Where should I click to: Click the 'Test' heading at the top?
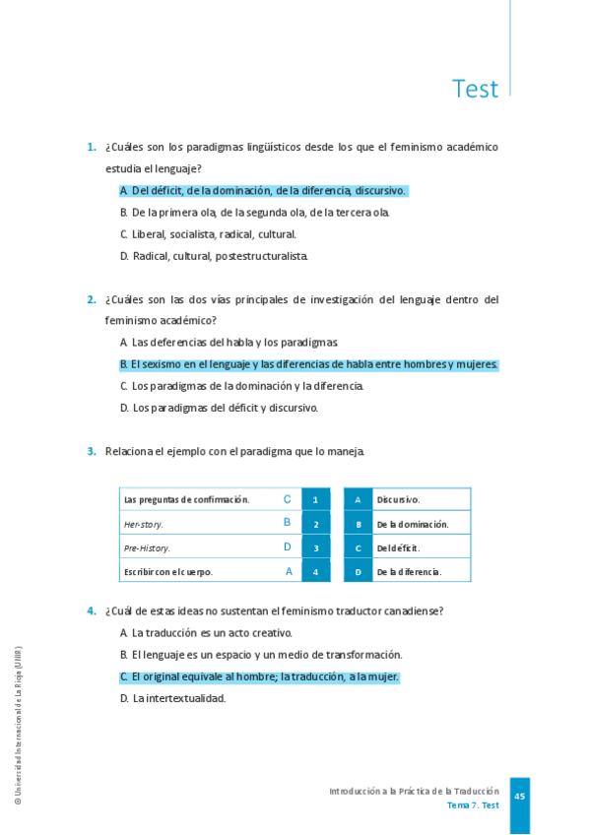point(475,89)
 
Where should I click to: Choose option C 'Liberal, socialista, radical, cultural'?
point(208,234)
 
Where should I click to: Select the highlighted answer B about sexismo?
point(308,364)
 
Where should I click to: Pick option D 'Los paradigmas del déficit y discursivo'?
point(219,408)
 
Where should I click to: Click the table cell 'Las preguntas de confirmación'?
point(187,499)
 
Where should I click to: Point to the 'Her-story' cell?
point(145,524)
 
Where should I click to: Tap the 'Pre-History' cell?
point(148,547)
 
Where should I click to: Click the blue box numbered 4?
point(315,571)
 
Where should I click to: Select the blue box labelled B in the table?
point(358,524)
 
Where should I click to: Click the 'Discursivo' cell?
point(398,499)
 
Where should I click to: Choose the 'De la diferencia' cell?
point(409,571)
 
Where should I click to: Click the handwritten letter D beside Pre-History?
point(288,546)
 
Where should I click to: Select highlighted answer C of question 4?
point(259,677)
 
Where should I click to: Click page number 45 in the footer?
point(519,796)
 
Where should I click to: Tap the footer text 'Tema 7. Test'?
point(473,805)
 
